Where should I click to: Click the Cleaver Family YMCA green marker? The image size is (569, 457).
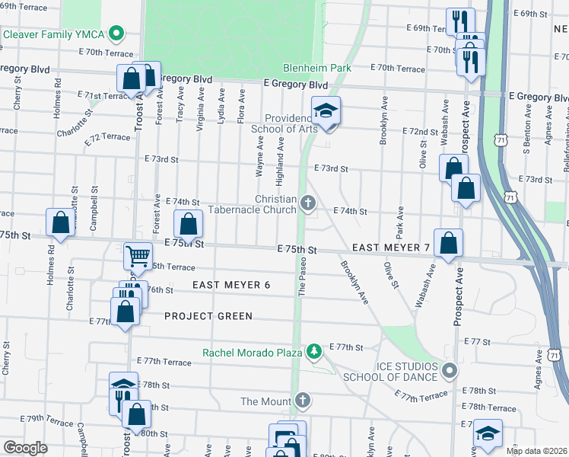(x=116, y=34)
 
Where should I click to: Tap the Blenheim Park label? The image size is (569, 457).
(x=317, y=68)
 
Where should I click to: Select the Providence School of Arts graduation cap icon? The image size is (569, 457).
(x=326, y=111)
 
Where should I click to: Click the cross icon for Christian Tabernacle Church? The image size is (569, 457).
(x=307, y=203)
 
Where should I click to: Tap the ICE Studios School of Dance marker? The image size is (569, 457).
(x=449, y=371)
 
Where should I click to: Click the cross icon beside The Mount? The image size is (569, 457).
(x=302, y=401)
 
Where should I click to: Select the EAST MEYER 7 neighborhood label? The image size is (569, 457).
(x=391, y=248)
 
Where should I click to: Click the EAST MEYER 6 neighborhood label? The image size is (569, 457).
(x=231, y=285)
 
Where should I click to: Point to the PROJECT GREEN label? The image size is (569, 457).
(x=208, y=316)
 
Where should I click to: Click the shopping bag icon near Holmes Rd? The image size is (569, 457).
(x=61, y=222)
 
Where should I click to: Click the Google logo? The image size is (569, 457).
(x=25, y=448)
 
